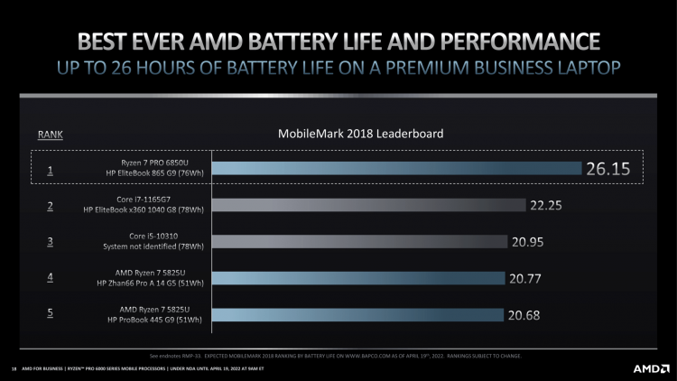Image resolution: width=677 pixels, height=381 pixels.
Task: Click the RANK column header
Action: [x=51, y=135]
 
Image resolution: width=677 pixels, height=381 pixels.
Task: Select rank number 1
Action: [x=51, y=169]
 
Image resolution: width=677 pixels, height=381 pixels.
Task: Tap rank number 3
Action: [x=51, y=242]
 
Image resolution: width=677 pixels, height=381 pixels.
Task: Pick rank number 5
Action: [x=51, y=315]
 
